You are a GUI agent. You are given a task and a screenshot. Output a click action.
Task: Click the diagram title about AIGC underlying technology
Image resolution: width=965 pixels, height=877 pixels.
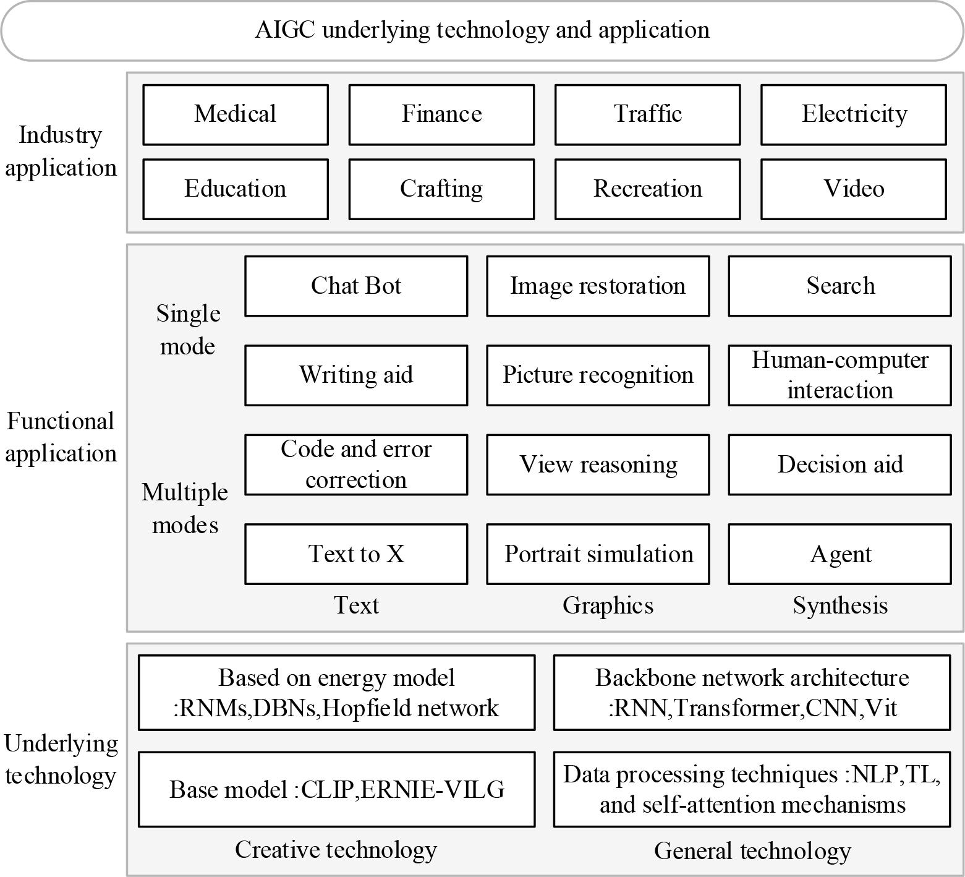point(482,30)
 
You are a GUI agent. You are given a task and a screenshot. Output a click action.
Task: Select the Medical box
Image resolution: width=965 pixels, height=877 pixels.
point(235,114)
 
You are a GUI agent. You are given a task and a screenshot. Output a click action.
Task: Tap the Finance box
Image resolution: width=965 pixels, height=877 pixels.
point(441,114)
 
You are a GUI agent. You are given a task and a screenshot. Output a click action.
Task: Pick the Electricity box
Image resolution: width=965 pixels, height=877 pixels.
point(854,114)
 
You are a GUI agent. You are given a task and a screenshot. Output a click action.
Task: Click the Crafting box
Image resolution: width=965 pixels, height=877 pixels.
point(441,189)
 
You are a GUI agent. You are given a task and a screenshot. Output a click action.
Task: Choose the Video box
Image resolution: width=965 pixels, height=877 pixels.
point(854,189)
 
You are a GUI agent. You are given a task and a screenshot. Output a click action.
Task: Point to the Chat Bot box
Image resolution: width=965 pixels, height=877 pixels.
point(356,286)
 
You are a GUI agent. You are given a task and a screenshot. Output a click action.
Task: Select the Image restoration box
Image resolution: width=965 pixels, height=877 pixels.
point(598,286)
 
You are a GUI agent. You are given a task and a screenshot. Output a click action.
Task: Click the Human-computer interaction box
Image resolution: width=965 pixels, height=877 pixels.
point(840,375)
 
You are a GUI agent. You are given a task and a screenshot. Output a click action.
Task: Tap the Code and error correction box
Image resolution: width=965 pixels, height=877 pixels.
point(356,464)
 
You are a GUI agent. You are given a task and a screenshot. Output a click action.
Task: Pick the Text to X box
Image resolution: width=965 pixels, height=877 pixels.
point(356,554)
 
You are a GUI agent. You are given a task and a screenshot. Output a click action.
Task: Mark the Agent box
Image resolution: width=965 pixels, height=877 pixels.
point(840,554)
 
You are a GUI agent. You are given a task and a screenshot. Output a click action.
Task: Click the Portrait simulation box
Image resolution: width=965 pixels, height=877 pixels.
point(598,554)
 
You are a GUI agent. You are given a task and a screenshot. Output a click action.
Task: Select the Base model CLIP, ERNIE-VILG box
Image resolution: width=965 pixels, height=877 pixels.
point(336,789)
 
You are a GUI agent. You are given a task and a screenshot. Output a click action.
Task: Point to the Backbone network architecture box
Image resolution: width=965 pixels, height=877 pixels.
point(752,693)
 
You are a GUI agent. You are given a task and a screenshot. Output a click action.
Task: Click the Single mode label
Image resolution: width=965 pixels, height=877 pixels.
point(188,330)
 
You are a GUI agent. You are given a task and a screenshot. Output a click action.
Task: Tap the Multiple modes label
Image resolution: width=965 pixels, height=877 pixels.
point(185,508)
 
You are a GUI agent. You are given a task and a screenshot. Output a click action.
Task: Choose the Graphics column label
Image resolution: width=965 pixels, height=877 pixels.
point(608,605)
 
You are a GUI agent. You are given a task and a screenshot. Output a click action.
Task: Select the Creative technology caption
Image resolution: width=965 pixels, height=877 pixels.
point(336,850)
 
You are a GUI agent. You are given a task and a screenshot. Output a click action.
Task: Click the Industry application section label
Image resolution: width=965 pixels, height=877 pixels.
point(61,152)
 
